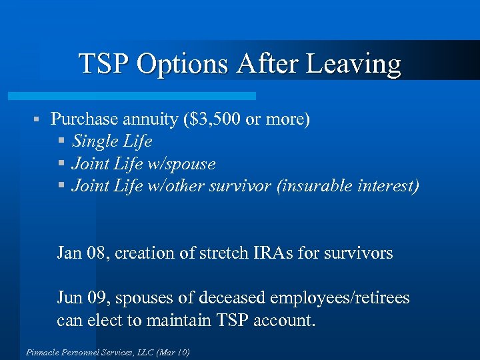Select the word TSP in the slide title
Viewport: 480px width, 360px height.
tap(105, 65)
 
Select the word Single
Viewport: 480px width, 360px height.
tap(93, 141)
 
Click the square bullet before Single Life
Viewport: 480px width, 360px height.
tap(62, 141)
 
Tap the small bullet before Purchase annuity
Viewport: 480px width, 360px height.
tap(39, 120)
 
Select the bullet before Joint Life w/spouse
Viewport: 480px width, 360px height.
tap(62, 163)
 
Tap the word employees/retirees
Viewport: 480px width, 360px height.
tap(339, 297)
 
